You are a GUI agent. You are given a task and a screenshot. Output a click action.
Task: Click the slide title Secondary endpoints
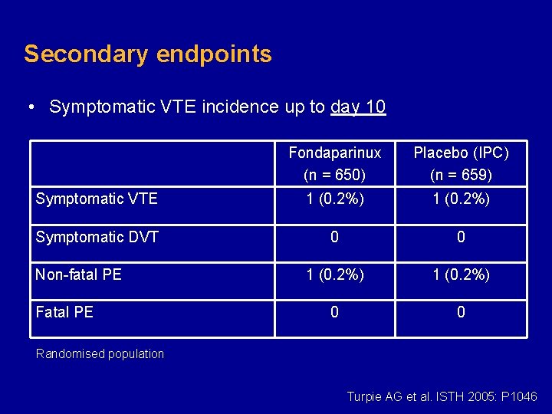[147, 54]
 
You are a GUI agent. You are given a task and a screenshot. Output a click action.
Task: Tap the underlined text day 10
[358, 107]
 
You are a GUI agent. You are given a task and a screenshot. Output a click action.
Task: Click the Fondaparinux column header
[334, 153]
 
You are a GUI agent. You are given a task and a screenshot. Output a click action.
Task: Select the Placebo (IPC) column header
[461, 153]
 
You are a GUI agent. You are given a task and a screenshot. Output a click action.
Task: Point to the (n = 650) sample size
[334, 176]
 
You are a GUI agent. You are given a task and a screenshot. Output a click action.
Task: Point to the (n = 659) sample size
[461, 176]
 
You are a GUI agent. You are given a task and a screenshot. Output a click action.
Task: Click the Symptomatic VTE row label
[97, 199]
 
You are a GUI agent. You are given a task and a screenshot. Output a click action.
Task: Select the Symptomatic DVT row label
[97, 237]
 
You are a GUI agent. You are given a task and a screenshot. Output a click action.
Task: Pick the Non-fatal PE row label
[78, 274]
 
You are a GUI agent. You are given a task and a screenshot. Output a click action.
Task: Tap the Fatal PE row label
[64, 312]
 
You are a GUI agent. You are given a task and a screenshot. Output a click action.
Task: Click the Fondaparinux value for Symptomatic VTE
[334, 199]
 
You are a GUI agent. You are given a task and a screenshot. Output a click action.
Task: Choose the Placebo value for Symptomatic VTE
[461, 199]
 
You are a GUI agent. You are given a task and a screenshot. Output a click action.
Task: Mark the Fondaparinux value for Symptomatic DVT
[334, 237]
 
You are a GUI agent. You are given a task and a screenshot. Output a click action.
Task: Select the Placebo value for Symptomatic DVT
[461, 237]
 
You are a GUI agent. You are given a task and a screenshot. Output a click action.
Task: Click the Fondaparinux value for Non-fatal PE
[334, 274]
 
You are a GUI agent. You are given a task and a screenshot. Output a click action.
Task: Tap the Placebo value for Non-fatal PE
[461, 274]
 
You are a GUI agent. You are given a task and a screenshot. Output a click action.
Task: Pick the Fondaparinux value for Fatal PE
[334, 312]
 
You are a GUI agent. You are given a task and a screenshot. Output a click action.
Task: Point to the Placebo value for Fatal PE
[461, 312]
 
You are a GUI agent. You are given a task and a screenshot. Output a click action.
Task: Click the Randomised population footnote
[100, 354]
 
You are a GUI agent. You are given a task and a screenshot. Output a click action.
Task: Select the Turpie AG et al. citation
[442, 396]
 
